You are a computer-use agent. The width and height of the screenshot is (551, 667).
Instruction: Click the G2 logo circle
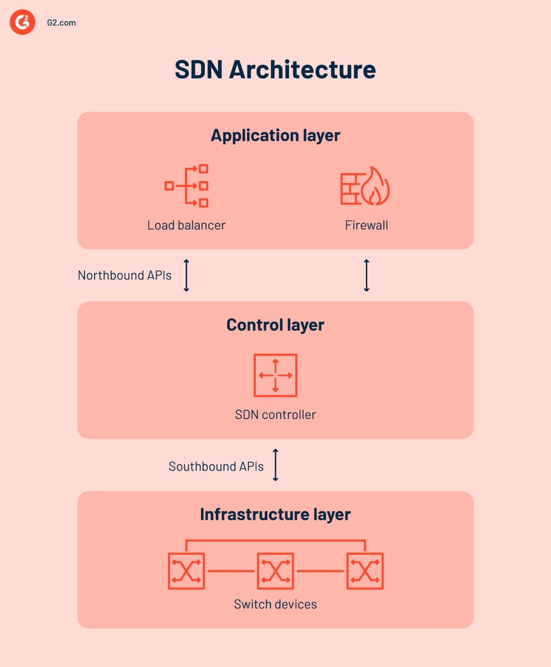(x=22, y=22)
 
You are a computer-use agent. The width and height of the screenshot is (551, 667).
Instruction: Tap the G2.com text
(x=62, y=23)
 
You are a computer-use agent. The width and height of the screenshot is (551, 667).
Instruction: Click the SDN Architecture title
(x=275, y=70)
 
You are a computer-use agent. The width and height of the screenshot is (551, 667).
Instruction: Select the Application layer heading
(x=275, y=135)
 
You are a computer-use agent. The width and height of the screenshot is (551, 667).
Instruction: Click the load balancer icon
(x=186, y=186)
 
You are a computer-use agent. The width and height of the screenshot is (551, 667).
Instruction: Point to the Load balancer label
(x=186, y=225)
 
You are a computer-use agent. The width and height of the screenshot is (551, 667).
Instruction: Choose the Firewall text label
(x=366, y=225)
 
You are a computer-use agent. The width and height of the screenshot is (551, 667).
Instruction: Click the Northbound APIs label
(x=125, y=275)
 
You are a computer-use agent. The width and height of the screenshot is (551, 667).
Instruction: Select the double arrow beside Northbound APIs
(x=186, y=275)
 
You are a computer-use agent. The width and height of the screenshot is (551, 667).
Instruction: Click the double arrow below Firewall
(x=366, y=275)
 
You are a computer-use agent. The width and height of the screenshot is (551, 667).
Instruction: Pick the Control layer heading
(x=275, y=325)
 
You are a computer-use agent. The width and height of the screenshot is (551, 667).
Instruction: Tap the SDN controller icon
(x=275, y=375)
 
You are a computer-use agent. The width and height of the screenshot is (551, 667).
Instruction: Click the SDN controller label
(x=275, y=415)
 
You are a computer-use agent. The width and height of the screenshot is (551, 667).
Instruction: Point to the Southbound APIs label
(x=216, y=466)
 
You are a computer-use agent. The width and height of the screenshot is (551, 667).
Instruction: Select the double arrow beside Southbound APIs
(x=275, y=465)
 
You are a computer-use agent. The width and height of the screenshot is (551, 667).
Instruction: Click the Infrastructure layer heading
(x=275, y=514)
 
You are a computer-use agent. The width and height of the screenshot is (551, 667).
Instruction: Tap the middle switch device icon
(x=275, y=570)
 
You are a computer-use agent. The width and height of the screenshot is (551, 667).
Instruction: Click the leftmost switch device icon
(x=186, y=570)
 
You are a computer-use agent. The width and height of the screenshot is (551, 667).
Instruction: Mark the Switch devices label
(x=275, y=604)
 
